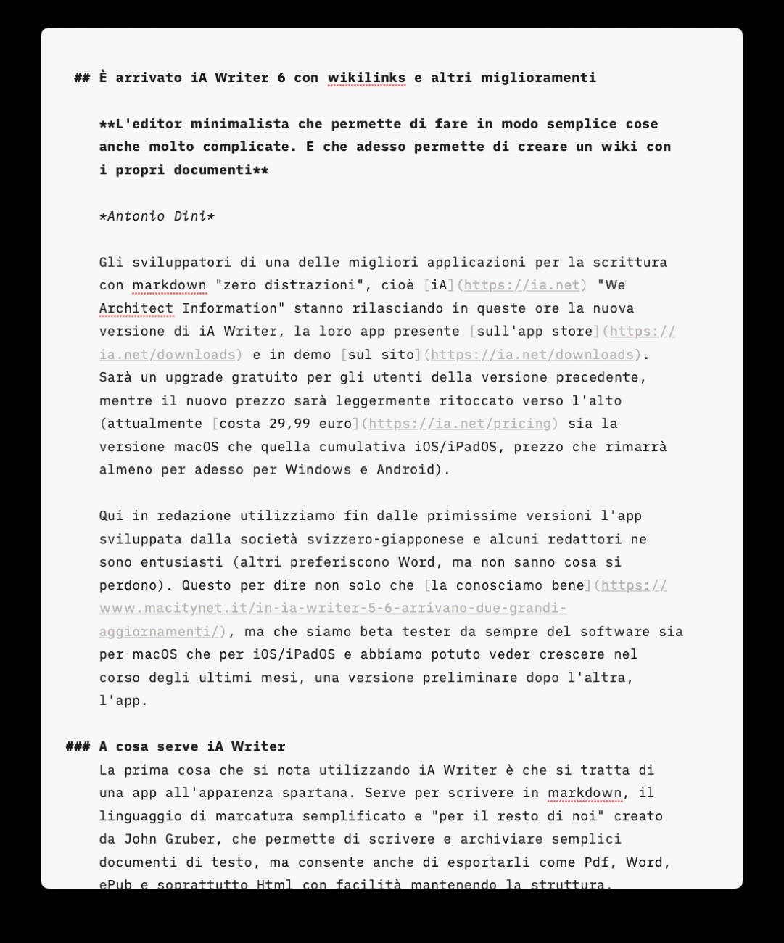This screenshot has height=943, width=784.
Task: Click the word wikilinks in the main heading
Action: click(366, 78)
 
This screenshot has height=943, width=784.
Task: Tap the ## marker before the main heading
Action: click(82, 78)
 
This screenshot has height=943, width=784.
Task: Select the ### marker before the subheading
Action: click(78, 746)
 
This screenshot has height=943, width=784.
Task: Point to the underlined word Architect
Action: click(136, 308)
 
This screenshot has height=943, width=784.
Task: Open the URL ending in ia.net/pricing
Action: click(460, 424)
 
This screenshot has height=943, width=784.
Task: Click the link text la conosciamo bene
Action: click(508, 585)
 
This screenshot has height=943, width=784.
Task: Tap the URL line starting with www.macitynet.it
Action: click(333, 609)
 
